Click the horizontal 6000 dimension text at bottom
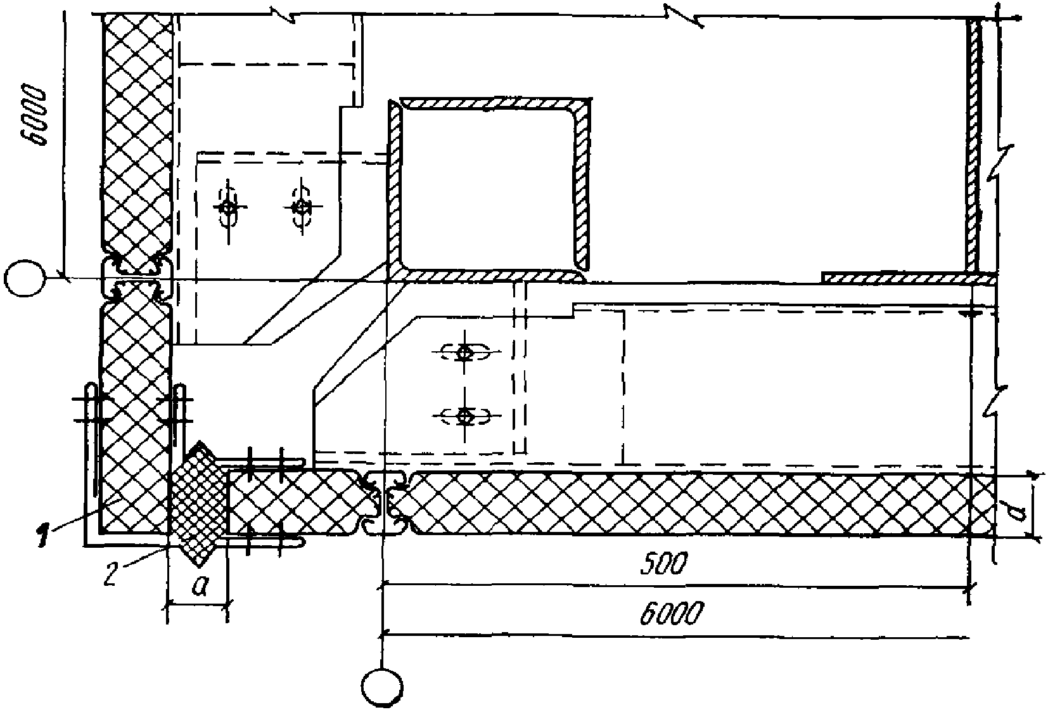tap(672, 614)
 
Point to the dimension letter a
tap(200, 588)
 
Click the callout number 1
tap(42, 538)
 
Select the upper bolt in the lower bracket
tap(465, 353)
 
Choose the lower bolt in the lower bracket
tap(465, 416)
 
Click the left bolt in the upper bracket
tap(229, 207)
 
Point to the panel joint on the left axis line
tap(136, 279)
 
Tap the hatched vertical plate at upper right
tap(975, 146)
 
